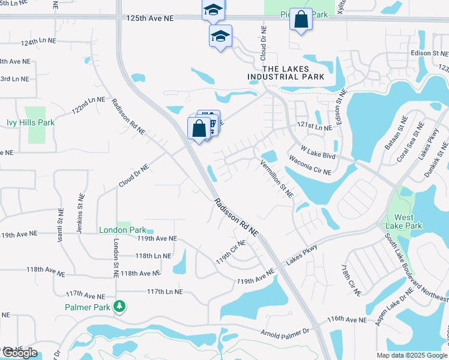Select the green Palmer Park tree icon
click(120, 307)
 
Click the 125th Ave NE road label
click(150, 19)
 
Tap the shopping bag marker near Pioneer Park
click(301, 20)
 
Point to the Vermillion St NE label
click(276, 179)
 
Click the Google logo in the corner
click(19, 353)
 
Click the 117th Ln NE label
click(164, 292)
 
